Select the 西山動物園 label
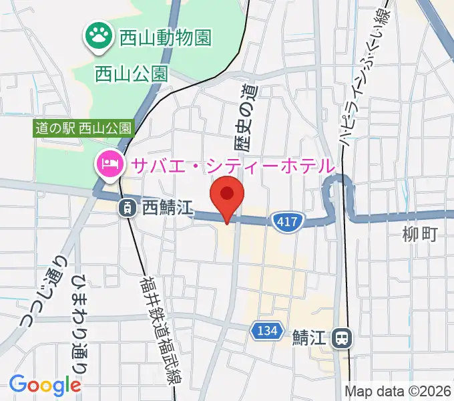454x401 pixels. [x=165, y=37]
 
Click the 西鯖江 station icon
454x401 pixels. [x=127, y=209]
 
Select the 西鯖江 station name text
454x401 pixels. [x=168, y=209]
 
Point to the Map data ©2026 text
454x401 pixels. [x=398, y=392]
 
